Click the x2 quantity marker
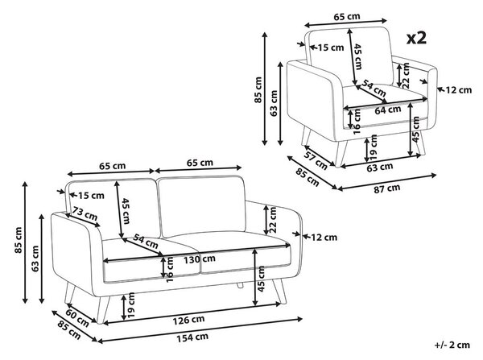point(416,38)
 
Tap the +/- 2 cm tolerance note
point(452,345)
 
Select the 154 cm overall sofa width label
point(192,337)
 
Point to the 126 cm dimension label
point(188,321)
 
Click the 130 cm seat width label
point(200,259)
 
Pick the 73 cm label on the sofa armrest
point(85,213)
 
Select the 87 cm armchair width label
point(387,188)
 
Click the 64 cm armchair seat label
point(388,110)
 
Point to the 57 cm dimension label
point(316,160)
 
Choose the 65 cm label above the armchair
point(347,16)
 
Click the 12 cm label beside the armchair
point(459,90)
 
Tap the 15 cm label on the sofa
point(91,196)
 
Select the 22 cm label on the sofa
point(272,219)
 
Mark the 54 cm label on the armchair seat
point(374,88)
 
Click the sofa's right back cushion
point(201,206)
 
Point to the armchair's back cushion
point(349,56)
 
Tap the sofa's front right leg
point(279,291)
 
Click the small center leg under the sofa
point(240,285)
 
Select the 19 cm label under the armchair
point(374,147)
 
